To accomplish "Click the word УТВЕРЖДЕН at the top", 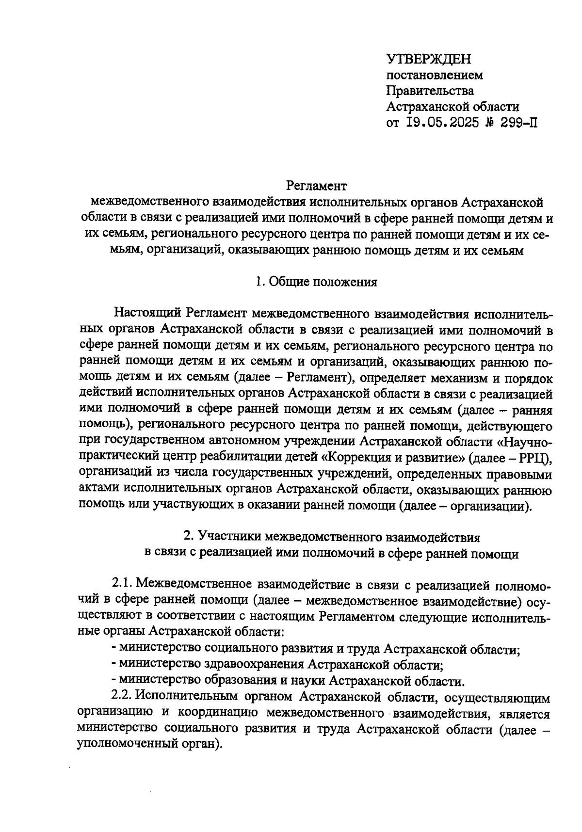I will [429, 60].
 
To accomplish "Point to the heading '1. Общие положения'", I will [316, 282].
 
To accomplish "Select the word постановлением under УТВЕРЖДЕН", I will [435, 76].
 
